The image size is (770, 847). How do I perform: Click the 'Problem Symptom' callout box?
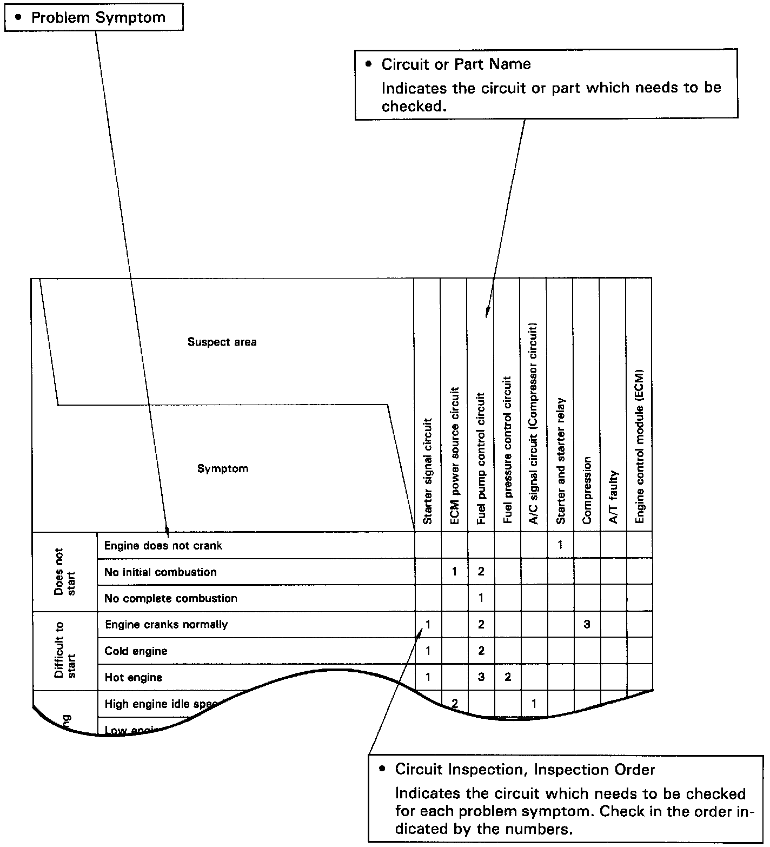tap(94, 17)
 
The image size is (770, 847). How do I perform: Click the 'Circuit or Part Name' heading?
tap(456, 64)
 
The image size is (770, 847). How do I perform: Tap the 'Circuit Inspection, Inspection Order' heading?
tap(525, 769)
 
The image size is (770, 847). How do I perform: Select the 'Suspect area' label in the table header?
tap(222, 342)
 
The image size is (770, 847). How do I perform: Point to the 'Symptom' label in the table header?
tap(222, 468)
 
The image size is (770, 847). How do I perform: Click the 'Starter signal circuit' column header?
tap(428, 471)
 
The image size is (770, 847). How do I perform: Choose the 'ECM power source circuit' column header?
tap(454, 455)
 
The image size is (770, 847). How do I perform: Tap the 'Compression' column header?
tap(587, 490)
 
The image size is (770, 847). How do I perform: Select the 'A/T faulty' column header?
tap(613, 497)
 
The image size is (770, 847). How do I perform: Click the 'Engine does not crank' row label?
tap(163, 545)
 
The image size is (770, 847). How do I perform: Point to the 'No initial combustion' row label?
tap(160, 572)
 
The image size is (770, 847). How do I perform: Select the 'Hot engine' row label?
tap(133, 677)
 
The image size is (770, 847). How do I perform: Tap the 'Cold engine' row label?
tap(136, 651)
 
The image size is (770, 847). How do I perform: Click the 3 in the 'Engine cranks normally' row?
tap(587, 624)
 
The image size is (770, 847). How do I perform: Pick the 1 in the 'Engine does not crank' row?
tap(560, 545)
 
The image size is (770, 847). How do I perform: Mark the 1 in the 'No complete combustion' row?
tap(481, 598)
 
